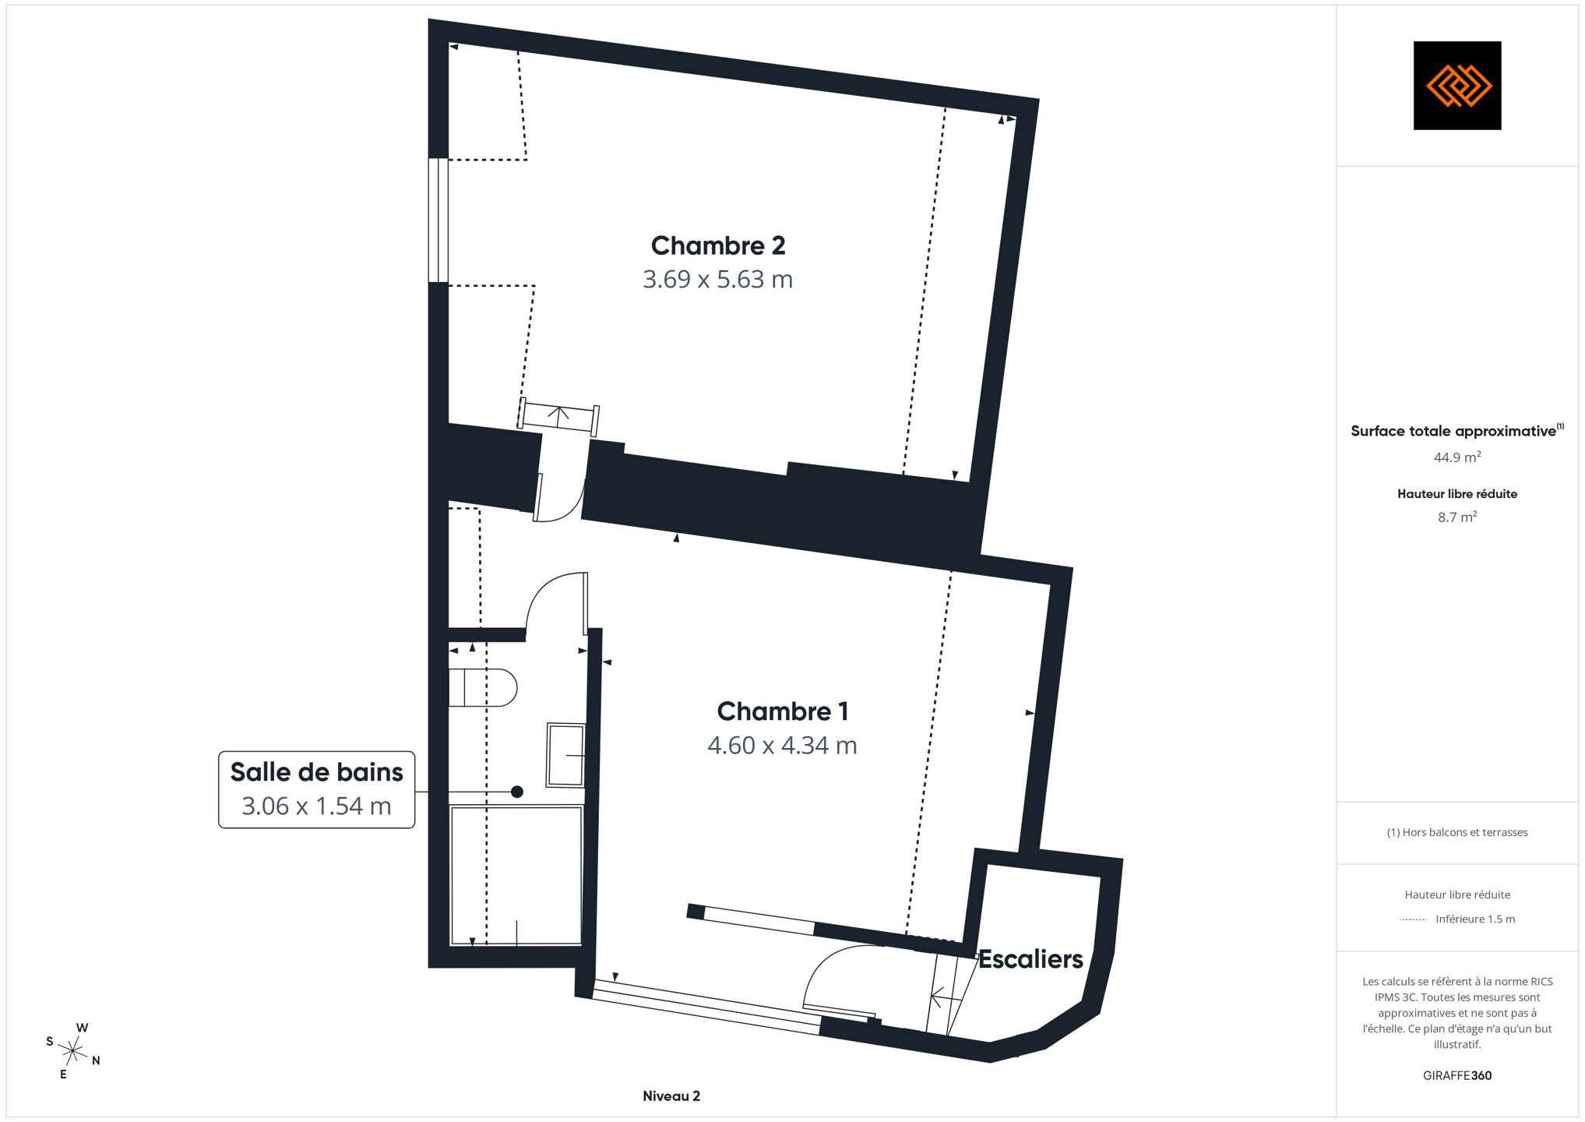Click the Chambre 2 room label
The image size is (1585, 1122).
717,245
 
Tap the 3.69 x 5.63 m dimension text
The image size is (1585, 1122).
717,279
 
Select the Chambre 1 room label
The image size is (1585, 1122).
782,711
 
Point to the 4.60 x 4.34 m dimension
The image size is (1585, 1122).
782,745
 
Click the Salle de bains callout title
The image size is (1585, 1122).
316,772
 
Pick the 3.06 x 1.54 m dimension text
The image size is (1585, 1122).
316,806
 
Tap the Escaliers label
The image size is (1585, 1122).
1030,959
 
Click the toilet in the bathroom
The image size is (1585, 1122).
483,687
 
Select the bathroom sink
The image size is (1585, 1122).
565,755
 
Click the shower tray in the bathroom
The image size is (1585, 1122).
516,876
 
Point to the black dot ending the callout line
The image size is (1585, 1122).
516,792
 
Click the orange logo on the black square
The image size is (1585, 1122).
1457,86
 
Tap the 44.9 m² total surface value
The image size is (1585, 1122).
1457,457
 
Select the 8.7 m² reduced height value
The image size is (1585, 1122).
1457,517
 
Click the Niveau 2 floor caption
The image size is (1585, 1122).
671,1096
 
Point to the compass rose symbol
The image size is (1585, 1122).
73,1052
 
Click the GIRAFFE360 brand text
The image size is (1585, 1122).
1457,1075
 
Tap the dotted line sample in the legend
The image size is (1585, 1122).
1413,919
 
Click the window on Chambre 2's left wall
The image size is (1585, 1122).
439,220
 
